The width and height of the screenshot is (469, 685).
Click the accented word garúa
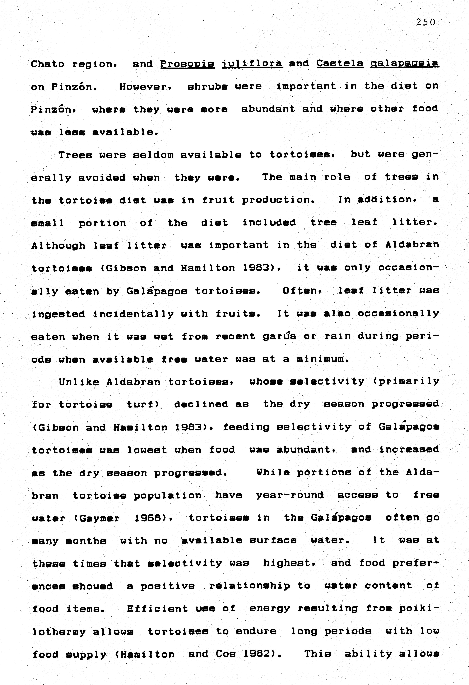(279, 336)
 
